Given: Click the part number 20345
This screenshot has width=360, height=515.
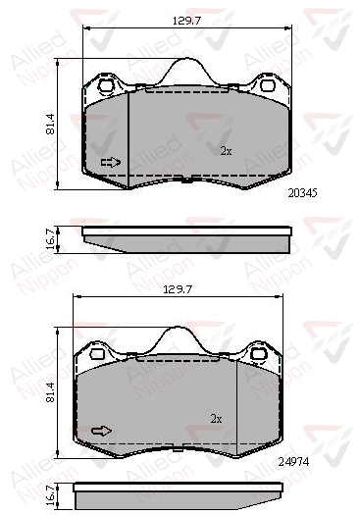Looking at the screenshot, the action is pos(302,193).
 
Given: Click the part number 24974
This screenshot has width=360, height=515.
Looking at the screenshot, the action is pos(293,462).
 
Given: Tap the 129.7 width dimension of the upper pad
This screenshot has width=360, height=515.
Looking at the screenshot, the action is pos(186,21).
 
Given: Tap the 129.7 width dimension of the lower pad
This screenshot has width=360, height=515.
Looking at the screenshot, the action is pos(178,289).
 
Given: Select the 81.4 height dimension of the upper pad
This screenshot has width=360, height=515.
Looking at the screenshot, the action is pos(50,125).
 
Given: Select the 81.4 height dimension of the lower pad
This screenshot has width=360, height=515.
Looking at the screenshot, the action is pos(50,392).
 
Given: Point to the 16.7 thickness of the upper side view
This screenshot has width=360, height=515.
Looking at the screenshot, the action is pos(50,239).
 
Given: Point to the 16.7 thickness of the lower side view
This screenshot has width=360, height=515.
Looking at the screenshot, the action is pos(50,496).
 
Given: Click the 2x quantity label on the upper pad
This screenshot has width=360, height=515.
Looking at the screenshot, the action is pos(226,151).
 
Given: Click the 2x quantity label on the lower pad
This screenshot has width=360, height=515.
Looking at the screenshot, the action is pos(216,419).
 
